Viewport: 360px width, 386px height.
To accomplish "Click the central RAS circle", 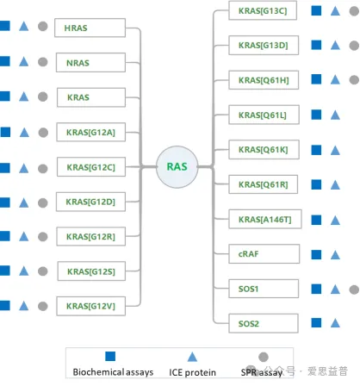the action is (x=177, y=167).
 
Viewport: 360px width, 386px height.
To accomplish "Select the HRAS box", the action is (x=90, y=28).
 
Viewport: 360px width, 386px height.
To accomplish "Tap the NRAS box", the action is (x=90, y=62).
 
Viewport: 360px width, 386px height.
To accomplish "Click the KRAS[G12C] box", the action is (x=91, y=167).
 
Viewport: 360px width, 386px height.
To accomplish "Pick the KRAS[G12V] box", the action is (x=91, y=306).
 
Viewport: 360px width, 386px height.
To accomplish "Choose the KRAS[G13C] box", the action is (x=263, y=10).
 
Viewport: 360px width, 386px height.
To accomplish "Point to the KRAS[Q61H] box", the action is (x=264, y=80).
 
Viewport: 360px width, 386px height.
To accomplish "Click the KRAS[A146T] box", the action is (x=265, y=219).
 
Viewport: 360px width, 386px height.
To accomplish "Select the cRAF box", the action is (x=264, y=254).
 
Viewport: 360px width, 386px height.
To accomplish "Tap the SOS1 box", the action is (x=264, y=289).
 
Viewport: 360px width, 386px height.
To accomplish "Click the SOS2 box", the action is (x=264, y=323).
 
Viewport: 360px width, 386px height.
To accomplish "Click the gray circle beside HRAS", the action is (x=43, y=26).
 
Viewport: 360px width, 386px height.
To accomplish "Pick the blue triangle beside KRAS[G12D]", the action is (x=24, y=202).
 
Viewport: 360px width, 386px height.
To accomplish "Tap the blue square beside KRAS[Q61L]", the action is (x=316, y=115).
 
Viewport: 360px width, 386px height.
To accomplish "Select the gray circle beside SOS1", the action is (x=354, y=289).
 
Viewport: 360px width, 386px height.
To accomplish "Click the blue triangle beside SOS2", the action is (x=335, y=323).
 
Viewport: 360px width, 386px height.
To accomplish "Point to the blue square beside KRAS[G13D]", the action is (x=316, y=45).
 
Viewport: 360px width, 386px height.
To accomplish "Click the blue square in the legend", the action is (x=110, y=356).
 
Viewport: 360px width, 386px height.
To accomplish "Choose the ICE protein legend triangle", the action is (x=192, y=357).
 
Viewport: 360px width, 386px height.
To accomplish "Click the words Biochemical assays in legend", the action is (x=113, y=372).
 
